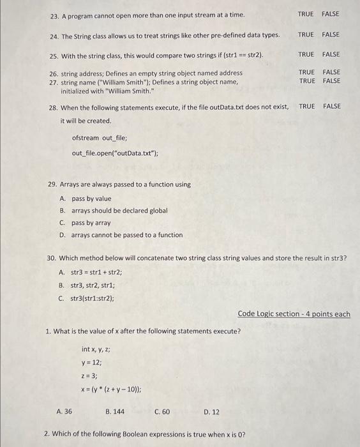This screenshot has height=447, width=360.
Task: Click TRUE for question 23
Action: point(306,13)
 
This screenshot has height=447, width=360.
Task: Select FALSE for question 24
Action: point(331,34)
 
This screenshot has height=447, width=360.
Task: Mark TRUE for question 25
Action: point(306,54)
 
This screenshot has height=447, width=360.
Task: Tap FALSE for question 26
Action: point(331,72)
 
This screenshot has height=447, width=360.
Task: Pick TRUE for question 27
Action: point(306,80)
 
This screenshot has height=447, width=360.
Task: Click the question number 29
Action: point(53,185)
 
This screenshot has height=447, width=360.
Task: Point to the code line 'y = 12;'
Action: point(92,362)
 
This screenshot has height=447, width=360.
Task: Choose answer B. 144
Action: point(115,412)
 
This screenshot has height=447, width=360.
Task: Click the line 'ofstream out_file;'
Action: point(100,137)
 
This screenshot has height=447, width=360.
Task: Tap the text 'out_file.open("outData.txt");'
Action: point(115,153)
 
